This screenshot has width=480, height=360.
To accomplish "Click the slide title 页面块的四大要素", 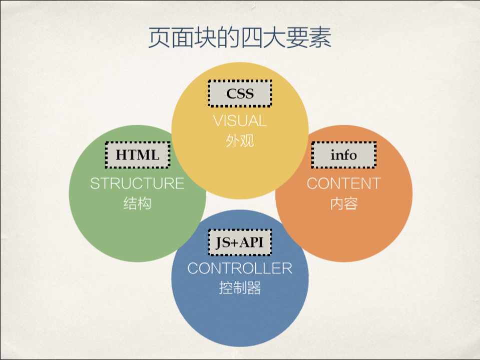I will pyautogui.click(x=240, y=38).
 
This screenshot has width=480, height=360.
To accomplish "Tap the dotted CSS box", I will pyautogui.click(x=240, y=93).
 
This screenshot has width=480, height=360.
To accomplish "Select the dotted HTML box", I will pyautogui.click(x=137, y=155).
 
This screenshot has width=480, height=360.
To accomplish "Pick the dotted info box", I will pyautogui.click(x=343, y=155).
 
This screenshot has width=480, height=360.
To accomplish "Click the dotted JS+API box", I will pyautogui.click(x=240, y=242).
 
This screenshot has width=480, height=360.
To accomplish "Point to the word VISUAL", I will pyautogui.click(x=240, y=121).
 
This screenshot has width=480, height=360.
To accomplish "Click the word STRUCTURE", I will pyautogui.click(x=137, y=183).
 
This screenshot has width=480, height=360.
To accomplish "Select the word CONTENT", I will pyautogui.click(x=343, y=183).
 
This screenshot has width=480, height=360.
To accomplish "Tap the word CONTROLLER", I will pyautogui.click(x=240, y=268).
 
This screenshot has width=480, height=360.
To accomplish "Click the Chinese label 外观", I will pyautogui.click(x=240, y=141).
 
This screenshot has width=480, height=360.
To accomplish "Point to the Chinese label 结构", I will pyautogui.click(x=137, y=203).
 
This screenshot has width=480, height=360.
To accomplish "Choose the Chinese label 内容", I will pyautogui.click(x=343, y=203).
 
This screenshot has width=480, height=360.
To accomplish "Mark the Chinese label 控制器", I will pyautogui.click(x=240, y=288).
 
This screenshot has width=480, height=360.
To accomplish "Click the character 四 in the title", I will pyautogui.click(x=251, y=38).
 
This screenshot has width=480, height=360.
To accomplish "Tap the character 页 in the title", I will pyautogui.click(x=159, y=38).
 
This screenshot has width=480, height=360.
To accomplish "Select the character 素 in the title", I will pyautogui.click(x=320, y=38).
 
